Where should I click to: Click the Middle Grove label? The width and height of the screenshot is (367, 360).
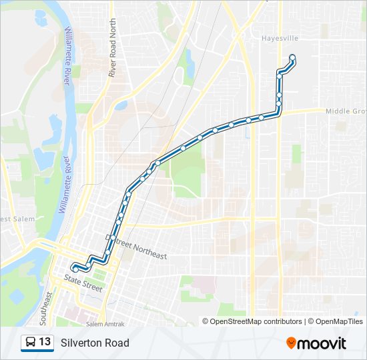pos(346,111)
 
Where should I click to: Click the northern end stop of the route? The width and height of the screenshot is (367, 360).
pos(292,57)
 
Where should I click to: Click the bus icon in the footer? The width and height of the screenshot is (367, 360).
pos(31,343)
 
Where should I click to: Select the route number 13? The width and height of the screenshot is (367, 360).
pos(45,343)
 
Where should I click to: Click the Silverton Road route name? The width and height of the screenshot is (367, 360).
pos(95,343)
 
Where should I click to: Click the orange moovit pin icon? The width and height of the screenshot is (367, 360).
pos(292,343)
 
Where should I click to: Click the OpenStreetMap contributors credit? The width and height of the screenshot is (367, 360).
pos(256,321)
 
